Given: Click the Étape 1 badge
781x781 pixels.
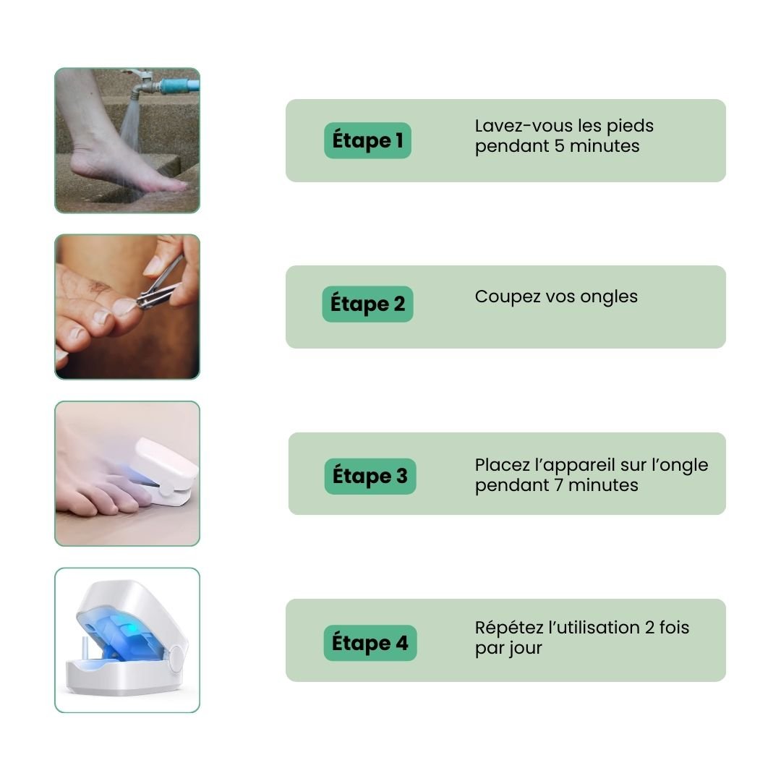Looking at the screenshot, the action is (367, 140).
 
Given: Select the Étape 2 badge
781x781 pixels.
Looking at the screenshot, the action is (367, 304).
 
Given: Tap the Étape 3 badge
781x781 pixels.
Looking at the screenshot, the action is (370, 476).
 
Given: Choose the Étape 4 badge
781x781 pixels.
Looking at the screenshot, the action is (370, 643).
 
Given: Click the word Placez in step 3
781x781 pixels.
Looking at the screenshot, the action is (502, 465).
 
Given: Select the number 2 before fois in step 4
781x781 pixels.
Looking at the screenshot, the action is (649, 628).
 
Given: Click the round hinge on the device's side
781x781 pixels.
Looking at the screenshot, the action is (175, 658).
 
